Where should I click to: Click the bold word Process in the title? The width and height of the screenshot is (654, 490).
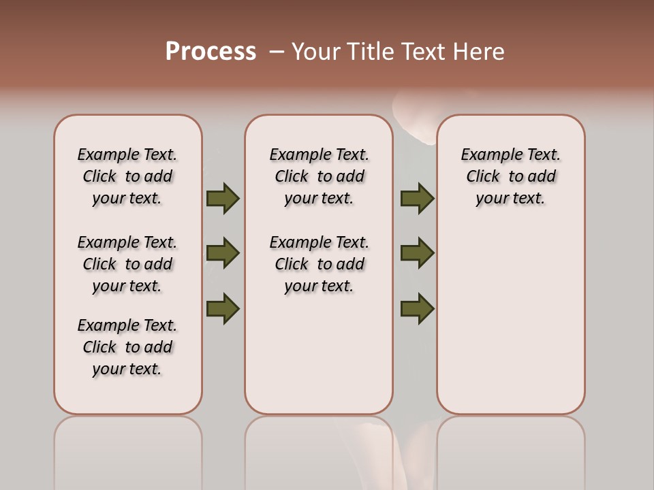(x=211, y=52)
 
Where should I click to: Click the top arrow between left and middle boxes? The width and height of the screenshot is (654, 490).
(x=223, y=198)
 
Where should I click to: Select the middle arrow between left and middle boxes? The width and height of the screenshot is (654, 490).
(x=223, y=253)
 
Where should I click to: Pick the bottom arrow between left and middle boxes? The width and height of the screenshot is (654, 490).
(x=223, y=308)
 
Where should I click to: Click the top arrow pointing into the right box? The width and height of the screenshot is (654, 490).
(x=417, y=198)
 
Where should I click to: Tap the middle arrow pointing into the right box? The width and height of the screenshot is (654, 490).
(x=417, y=253)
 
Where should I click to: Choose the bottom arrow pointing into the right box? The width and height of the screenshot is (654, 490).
(x=417, y=308)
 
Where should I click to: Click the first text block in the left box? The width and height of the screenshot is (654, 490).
(x=127, y=176)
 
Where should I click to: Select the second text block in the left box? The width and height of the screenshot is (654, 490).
(x=127, y=264)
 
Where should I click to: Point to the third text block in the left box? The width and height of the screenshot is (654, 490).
(x=127, y=347)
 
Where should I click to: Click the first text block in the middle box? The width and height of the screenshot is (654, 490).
(x=319, y=176)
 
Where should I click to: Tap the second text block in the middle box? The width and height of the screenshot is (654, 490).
(x=319, y=264)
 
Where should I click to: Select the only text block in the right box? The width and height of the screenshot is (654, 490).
(x=510, y=176)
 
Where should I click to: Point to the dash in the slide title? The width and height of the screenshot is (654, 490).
(x=276, y=52)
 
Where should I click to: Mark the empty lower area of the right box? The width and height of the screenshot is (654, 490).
(x=510, y=313)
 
